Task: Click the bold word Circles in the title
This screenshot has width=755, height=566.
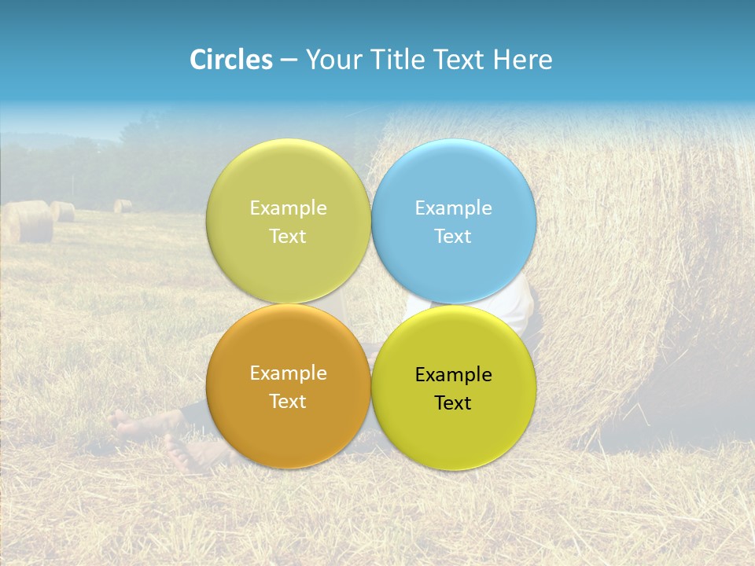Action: (231, 60)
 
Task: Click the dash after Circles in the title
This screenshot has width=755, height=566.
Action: (289, 60)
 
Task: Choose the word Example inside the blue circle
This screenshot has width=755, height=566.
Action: (453, 208)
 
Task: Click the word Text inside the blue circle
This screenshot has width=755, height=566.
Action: (453, 236)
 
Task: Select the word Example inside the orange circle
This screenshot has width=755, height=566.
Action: (288, 373)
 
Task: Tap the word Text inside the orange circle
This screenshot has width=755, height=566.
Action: (288, 401)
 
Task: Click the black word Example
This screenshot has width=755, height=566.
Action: (453, 375)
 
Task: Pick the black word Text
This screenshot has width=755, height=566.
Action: (453, 403)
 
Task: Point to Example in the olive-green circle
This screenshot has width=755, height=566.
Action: (288, 208)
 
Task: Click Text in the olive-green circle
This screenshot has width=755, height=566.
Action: (288, 236)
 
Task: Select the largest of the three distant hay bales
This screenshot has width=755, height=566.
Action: (27, 222)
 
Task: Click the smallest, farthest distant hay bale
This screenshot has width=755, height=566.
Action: (123, 206)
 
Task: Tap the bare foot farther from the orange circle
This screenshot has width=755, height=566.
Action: (124, 424)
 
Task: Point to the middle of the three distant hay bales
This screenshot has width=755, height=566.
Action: (64, 211)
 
